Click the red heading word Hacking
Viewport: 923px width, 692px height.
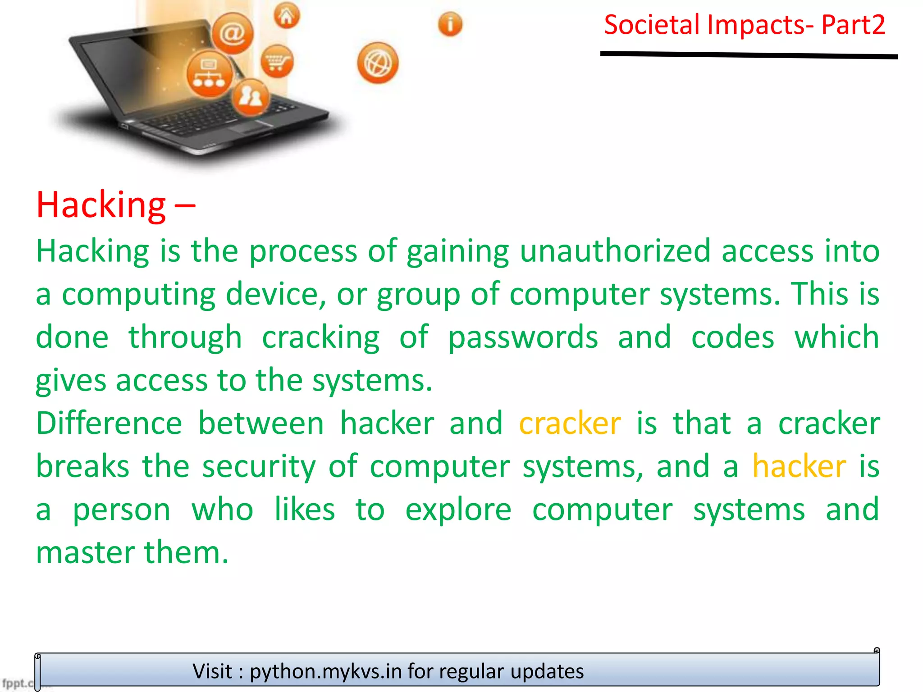click(x=101, y=205)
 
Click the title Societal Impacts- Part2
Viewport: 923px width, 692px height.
click(x=745, y=25)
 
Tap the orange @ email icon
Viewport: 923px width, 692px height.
click(x=233, y=33)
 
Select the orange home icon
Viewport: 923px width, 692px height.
click(x=287, y=16)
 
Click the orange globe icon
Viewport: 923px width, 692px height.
click(x=378, y=63)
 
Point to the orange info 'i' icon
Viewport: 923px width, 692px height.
click(x=450, y=24)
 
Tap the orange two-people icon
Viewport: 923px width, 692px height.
click(x=251, y=97)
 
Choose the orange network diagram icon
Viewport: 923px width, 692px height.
click(x=210, y=74)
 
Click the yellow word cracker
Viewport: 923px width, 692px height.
click(x=570, y=423)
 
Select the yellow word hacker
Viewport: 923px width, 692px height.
click(x=799, y=467)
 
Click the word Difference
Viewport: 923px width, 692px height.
click(x=109, y=423)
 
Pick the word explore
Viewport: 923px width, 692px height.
click(x=458, y=510)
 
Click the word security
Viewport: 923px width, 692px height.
click(x=259, y=467)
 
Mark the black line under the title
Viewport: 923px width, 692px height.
click(x=748, y=55)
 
